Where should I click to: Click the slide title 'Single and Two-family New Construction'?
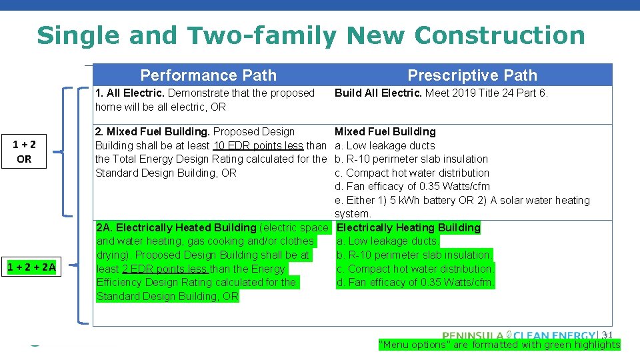pos(311,35)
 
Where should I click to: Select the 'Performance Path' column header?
pos(208,75)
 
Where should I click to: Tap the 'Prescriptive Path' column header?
pos(472,75)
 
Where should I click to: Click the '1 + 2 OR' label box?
pos(24,151)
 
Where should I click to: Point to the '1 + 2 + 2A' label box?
pos(31,268)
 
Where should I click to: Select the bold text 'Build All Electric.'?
pos(378,93)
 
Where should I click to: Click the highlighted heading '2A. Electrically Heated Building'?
pos(177,228)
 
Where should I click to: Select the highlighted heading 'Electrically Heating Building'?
pos(409,228)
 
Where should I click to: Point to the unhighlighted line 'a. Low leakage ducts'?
pos(385,146)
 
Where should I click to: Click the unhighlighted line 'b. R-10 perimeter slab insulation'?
pos(411,159)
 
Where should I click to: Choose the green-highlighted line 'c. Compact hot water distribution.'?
pos(415,269)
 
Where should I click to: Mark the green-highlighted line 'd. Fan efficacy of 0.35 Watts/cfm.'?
pos(415,283)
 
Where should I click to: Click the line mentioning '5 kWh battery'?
pos(462,201)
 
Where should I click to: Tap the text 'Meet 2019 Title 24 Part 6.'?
pos(487,93)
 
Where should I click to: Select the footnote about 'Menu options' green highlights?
pos(499,345)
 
